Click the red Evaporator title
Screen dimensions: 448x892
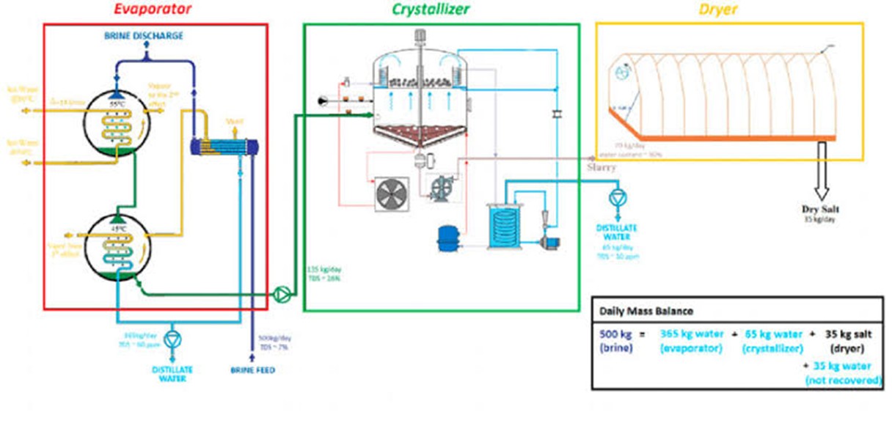pyautogui.click(x=153, y=10)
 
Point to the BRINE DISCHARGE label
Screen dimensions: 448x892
pyautogui.click(x=144, y=35)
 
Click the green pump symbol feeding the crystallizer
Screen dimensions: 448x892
pyautogui.click(x=281, y=294)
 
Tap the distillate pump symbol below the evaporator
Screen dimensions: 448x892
pyautogui.click(x=172, y=339)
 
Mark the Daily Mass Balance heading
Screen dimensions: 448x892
pyautogui.click(x=636, y=310)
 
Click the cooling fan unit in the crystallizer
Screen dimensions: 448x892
pyautogui.click(x=395, y=194)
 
